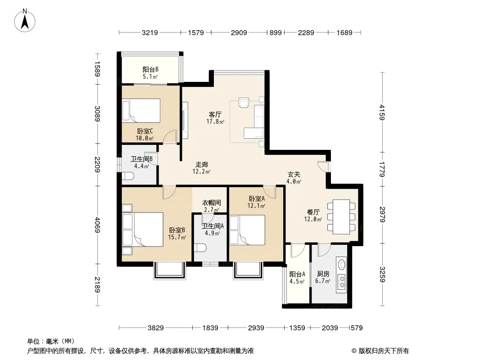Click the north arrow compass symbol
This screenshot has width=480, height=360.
tap(25, 20)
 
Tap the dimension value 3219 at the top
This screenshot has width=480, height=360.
tap(149, 32)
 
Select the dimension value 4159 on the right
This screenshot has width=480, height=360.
tap(382, 112)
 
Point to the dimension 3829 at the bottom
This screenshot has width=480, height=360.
tap(156, 328)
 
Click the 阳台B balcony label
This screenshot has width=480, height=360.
tap(150, 69)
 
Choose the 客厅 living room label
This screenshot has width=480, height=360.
tap(215, 114)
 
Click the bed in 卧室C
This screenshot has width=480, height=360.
tap(141, 110)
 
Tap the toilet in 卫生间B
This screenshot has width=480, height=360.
tap(127, 176)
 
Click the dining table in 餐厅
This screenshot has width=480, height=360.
tap(341, 217)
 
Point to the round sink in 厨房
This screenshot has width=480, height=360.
tap(341, 264)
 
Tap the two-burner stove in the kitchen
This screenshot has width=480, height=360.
tap(341, 282)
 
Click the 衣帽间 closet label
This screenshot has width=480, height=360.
tap(211, 202)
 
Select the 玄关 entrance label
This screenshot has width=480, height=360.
tap(294, 174)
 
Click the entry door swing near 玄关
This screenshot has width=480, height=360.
tap(323, 166)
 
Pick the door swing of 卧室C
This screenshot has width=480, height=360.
tap(170, 136)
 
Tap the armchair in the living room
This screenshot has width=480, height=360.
tap(244, 103)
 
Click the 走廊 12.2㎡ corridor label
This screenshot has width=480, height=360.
tap(201, 168)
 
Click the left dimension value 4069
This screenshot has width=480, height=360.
tap(97, 225)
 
